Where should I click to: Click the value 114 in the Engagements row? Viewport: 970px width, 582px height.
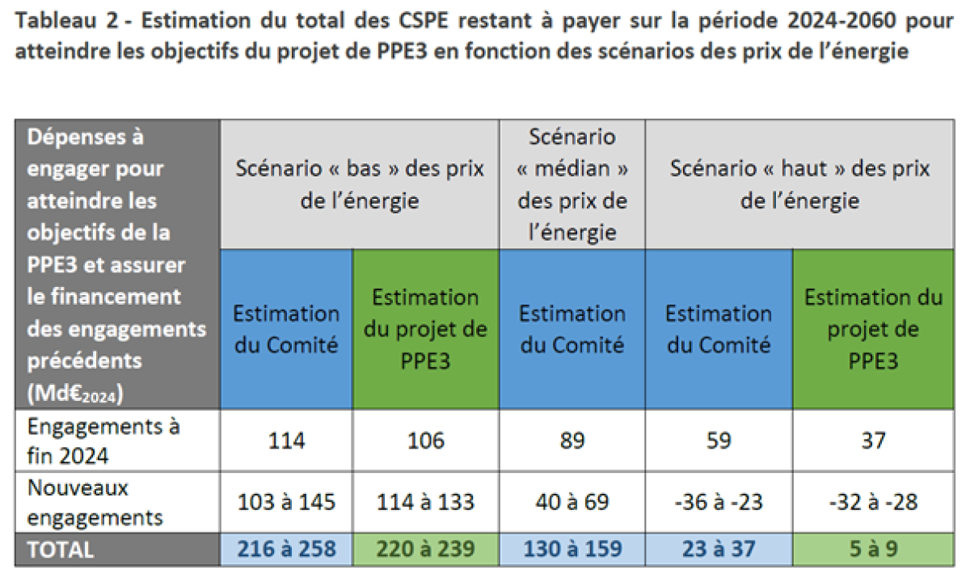click(x=287, y=441)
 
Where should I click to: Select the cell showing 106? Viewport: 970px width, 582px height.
click(x=426, y=441)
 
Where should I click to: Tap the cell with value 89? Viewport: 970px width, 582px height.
click(x=572, y=441)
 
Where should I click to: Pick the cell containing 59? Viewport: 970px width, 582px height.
click(x=718, y=441)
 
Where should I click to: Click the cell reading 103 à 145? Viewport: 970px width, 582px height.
click(x=287, y=502)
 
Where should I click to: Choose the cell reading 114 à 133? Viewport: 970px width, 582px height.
click(x=426, y=502)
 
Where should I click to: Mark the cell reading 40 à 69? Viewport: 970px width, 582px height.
click(x=572, y=502)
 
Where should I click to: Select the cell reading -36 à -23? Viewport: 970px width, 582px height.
click(x=718, y=502)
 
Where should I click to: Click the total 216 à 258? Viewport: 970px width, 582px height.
click(x=287, y=549)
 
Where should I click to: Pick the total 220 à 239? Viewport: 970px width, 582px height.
click(x=426, y=549)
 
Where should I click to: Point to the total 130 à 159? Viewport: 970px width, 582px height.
click(x=572, y=549)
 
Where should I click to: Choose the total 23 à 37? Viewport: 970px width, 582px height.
click(x=718, y=549)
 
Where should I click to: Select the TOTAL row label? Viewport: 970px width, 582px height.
click(x=61, y=550)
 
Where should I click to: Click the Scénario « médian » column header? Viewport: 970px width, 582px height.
click(x=572, y=184)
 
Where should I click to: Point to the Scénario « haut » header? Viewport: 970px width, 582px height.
click(x=799, y=184)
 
